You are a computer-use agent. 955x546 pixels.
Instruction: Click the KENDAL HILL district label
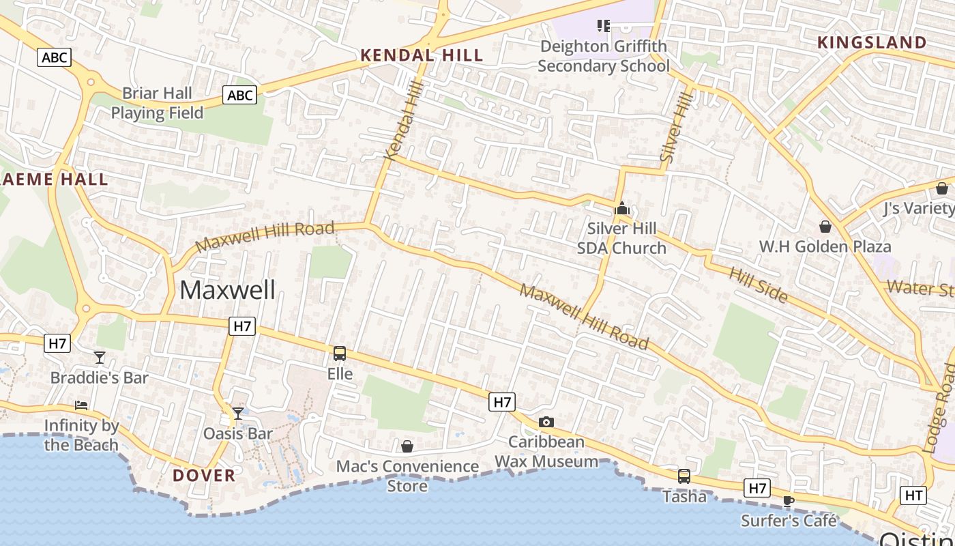click(422, 55)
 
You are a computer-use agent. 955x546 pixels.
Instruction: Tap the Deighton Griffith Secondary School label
click(604, 56)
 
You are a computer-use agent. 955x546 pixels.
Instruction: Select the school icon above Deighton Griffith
click(603, 26)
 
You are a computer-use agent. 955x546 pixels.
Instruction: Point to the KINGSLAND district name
click(872, 42)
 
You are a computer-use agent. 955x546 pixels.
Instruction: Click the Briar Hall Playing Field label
click(157, 103)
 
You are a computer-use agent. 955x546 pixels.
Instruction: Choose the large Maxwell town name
click(228, 290)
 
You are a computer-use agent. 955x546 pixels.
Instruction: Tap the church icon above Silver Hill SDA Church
click(621, 209)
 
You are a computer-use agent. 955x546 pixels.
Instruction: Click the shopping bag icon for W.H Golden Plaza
click(825, 226)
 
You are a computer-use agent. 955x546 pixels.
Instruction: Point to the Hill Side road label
click(759, 284)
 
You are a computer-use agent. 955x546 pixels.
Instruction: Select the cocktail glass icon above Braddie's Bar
click(100, 357)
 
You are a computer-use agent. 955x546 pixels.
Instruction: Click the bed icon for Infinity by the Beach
click(81, 405)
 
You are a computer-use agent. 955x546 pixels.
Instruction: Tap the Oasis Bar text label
click(238, 433)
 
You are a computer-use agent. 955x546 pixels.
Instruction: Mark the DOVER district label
click(204, 476)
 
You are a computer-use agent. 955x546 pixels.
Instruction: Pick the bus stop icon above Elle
click(340, 354)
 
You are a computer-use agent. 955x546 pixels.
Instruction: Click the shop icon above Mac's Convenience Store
click(407, 446)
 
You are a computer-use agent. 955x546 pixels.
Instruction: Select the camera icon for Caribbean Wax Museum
click(546, 422)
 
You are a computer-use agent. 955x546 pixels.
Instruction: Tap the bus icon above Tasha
click(684, 476)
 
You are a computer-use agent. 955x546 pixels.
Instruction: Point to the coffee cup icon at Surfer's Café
click(789, 500)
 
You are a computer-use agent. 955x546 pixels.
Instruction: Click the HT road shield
click(913, 495)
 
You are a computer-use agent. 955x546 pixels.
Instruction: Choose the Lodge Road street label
click(939, 408)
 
